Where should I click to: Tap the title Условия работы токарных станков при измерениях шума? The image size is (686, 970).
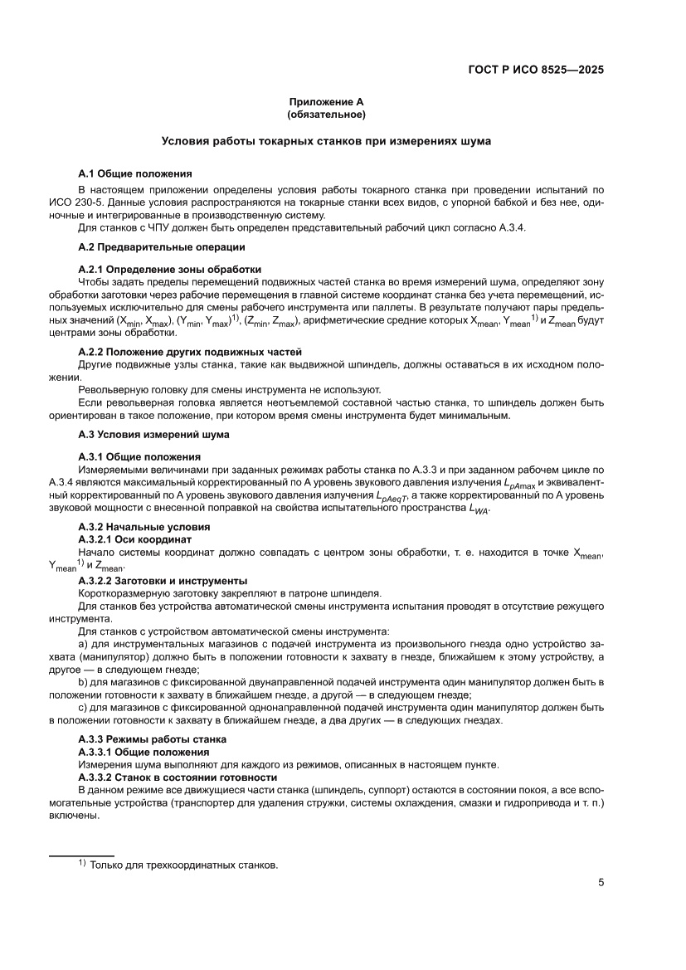click(x=326, y=141)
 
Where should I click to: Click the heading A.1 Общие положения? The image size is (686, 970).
click(x=135, y=174)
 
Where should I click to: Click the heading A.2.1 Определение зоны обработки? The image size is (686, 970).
click(x=170, y=269)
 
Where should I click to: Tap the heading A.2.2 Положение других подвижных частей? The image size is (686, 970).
click(x=190, y=353)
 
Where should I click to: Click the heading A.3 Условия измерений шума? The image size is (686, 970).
click(x=153, y=434)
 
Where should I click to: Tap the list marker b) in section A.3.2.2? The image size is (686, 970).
click(x=83, y=682)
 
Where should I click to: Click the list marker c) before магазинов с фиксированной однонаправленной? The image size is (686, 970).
click(x=83, y=707)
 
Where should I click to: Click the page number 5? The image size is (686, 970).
click(x=601, y=882)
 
